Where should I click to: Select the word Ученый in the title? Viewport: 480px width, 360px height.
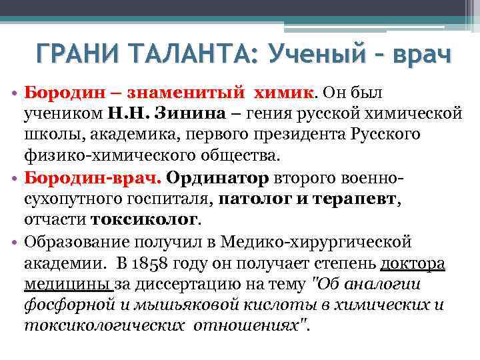click(x=311, y=53)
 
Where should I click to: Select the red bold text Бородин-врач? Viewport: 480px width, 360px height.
click(x=91, y=178)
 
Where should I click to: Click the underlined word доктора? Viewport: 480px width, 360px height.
click(x=411, y=264)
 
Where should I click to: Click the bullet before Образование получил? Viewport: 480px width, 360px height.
click(x=13, y=243)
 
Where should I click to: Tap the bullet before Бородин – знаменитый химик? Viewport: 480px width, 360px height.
click(x=13, y=91)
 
